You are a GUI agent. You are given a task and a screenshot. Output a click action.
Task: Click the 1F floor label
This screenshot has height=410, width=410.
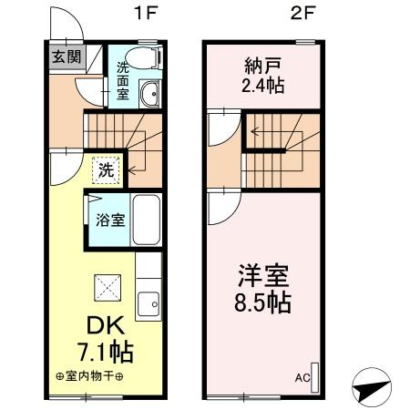(146, 13)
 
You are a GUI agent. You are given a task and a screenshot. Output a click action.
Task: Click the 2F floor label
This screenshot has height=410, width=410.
(303, 13)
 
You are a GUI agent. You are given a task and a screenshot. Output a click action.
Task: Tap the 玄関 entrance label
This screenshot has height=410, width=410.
(67, 56)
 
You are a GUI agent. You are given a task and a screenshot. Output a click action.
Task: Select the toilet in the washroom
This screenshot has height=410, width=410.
(144, 57)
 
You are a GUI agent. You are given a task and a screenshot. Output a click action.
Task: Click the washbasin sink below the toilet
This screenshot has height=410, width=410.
(149, 94)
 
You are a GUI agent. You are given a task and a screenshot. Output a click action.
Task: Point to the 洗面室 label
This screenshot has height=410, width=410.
(123, 80)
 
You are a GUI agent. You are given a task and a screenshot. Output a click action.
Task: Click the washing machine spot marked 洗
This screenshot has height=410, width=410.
(107, 170)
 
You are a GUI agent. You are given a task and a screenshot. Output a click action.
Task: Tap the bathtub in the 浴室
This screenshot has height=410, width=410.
(147, 220)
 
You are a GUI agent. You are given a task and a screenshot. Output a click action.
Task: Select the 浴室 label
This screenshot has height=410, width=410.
(110, 220)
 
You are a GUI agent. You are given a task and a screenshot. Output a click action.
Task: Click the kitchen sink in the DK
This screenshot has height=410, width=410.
(149, 304)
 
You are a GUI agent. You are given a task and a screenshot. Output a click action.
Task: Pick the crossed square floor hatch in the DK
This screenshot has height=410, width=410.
(108, 288)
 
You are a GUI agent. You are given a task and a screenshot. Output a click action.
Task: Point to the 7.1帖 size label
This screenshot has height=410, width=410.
(106, 353)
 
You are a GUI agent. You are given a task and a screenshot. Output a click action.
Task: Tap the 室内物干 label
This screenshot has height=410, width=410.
(89, 376)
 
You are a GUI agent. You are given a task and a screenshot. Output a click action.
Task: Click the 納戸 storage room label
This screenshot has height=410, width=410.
(262, 66)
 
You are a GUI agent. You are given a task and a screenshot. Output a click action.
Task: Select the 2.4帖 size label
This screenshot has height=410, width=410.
(263, 86)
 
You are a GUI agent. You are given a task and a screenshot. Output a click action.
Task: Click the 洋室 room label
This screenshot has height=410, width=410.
(263, 276)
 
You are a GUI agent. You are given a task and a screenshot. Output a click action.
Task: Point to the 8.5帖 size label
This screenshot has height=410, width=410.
(263, 302)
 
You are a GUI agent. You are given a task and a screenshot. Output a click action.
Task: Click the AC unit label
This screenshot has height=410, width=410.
(302, 378)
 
